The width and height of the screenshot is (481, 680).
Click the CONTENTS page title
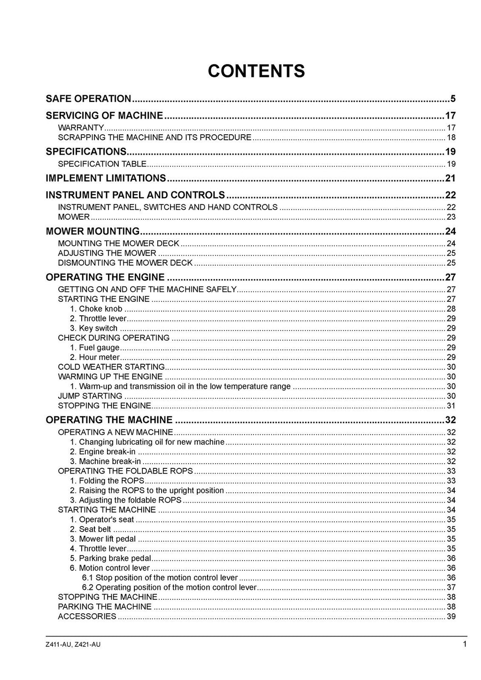point(256,71)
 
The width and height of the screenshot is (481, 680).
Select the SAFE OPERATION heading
point(88,99)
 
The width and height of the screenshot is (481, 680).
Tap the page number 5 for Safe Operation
point(453,99)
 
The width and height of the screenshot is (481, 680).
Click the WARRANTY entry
point(81,128)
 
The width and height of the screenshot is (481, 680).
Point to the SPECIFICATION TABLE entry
point(102,164)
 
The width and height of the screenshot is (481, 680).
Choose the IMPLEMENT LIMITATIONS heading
point(106,178)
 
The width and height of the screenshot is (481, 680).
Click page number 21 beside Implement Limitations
point(450,178)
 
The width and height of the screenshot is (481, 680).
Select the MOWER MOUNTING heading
point(93,231)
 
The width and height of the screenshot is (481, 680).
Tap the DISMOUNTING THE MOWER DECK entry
point(125,262)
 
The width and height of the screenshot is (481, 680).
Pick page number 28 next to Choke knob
point(451,309)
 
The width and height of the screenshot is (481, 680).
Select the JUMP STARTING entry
point(90,396)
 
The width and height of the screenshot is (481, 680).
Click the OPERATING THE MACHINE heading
point(109,420)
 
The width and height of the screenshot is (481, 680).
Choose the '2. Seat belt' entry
point(90,529)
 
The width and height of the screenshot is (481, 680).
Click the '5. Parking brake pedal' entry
point(110,558)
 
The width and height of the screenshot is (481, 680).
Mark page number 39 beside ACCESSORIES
point(451,616)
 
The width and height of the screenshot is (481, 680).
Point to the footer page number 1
point(465,644)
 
